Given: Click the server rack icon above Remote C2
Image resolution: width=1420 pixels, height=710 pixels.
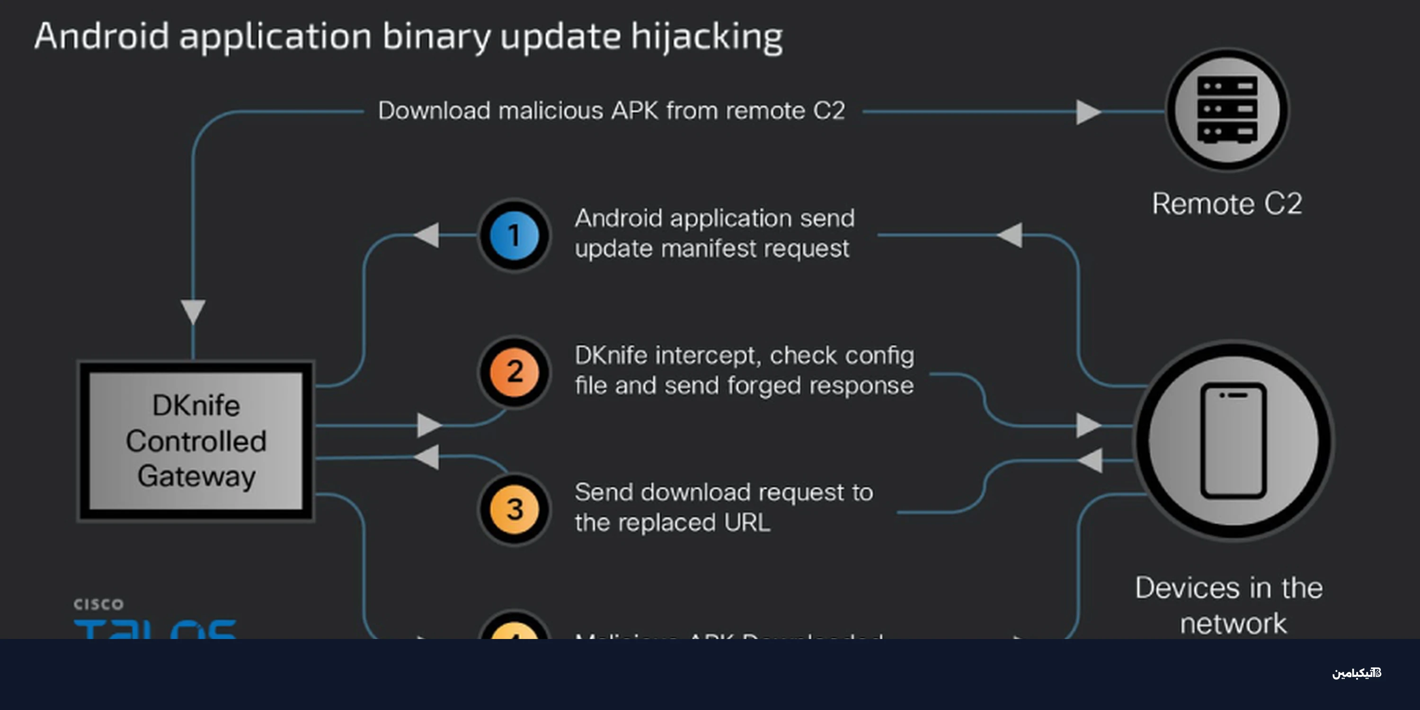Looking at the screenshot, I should tap(1227, 110).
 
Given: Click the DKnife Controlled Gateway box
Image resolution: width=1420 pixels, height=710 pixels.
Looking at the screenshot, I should tap(195, 441).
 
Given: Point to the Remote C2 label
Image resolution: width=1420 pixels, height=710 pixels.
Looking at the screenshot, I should tap(1226, 204).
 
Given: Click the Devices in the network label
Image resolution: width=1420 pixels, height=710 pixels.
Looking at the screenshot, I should tap(1229, 605).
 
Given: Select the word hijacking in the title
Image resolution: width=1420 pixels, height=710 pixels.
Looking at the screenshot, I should tap(707, 36).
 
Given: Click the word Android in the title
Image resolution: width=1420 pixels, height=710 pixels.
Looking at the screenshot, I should tap(101, 36).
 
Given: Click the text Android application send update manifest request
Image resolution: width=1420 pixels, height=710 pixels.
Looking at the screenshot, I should tap(714, 233).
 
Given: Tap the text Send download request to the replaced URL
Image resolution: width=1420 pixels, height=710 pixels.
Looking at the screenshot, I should tap(723, 506).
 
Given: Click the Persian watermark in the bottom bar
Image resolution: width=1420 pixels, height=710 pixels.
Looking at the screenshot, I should tap(1356, 673).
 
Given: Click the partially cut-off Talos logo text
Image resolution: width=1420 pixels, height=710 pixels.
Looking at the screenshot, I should tap(155, 629).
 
